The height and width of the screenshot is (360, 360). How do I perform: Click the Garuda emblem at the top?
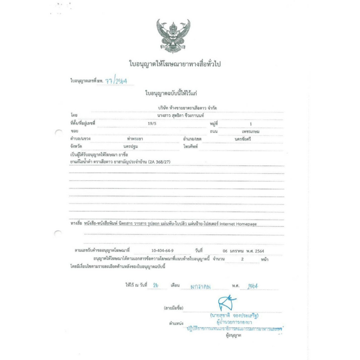(x=173, y=36)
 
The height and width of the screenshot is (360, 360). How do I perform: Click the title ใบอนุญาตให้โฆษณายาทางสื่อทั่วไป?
(x=177, y=64)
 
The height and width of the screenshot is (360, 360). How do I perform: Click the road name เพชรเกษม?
(x=250, y=131)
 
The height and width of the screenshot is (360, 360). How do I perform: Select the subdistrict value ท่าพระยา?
(x=135, y=139)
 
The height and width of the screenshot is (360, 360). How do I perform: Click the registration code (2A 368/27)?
(x=160, y=162)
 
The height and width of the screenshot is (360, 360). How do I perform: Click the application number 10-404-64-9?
(x=162, y=251)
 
